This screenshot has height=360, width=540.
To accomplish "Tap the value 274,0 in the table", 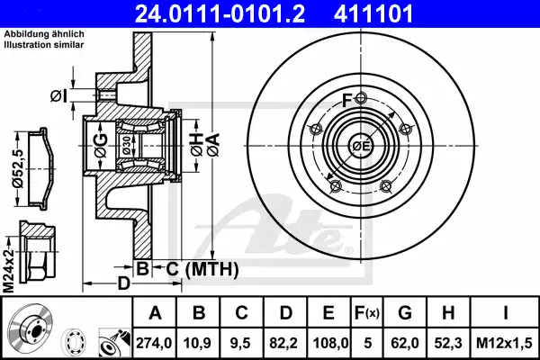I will (x=155, y=343).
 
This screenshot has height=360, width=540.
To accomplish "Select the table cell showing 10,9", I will (x=202, y=343).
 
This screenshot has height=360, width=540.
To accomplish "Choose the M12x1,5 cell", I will (x=506, y=343).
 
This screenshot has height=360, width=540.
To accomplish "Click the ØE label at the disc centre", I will (x=361, y=146).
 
